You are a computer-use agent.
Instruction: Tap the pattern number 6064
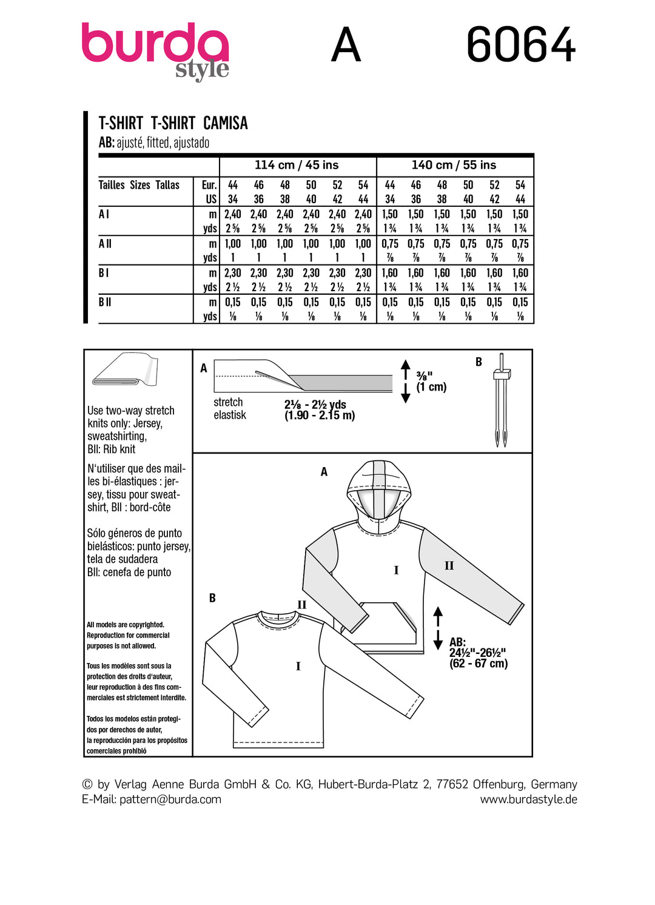[520, 45]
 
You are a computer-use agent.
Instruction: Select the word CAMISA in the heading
[225, 123]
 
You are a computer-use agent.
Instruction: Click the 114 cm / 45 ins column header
[297, 165]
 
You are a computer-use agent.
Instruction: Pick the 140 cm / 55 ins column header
[454, 165]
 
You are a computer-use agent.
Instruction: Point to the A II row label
[105, 244]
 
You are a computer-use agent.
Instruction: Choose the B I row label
[104, 273]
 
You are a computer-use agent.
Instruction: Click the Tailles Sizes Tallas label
[139, 185]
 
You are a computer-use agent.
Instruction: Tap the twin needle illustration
[501, 400]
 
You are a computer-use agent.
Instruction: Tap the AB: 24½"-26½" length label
[478, 653]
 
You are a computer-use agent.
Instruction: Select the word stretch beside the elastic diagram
[228, 402]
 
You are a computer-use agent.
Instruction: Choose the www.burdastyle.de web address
[528, 799]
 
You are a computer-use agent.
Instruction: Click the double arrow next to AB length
[438, 629]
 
